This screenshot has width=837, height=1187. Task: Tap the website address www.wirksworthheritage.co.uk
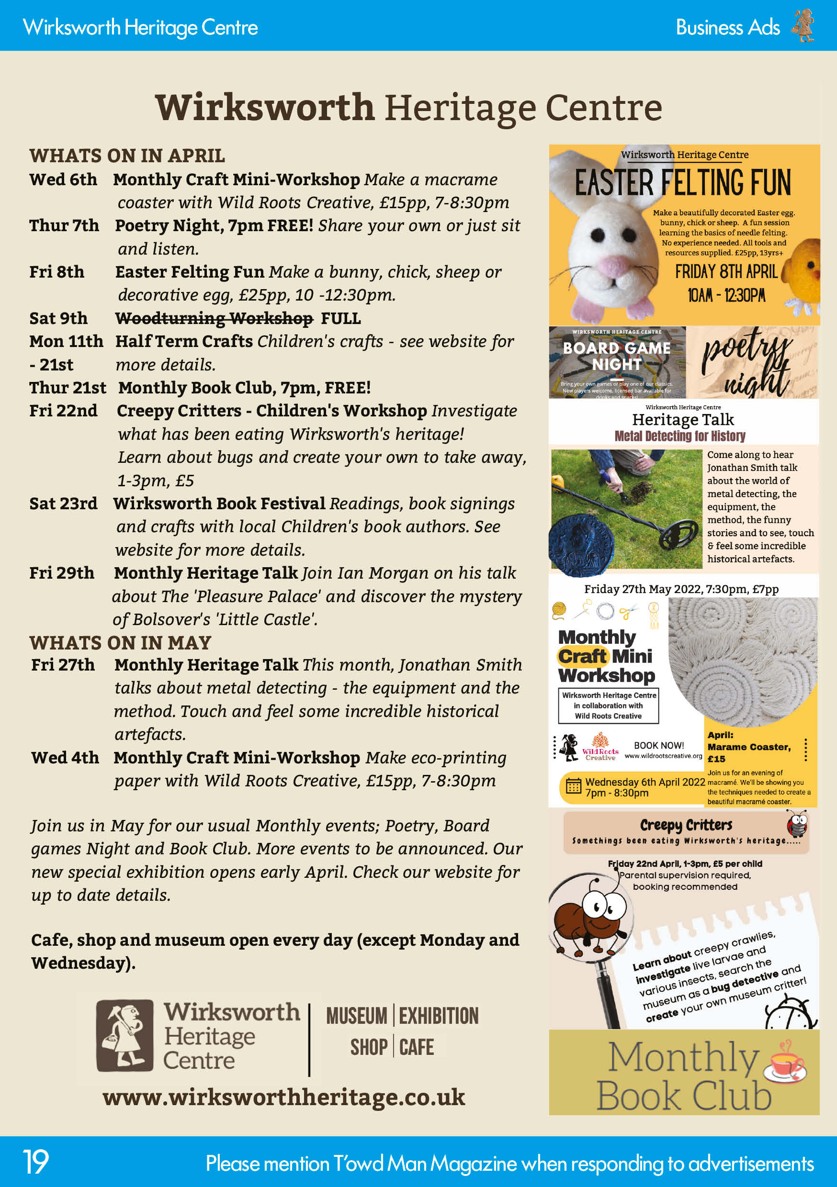(x=283, y=1097)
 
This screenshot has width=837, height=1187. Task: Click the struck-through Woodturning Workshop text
(x=214, y=318)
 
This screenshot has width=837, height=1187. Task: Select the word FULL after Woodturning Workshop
(x=341, y=318)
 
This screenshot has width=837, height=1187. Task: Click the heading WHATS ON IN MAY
(x=120, y=643)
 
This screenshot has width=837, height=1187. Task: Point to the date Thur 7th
(x=64, y=225)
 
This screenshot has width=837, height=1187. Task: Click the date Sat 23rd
(x=63, y=503)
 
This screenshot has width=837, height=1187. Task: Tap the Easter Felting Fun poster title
(x=683, y=182)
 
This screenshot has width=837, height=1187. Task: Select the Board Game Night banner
(x=617, y=362)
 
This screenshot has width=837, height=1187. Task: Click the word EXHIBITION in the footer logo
(x=439, y=1016)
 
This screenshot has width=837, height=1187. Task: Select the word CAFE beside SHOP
(x=417, y=1047)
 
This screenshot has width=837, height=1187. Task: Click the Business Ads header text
(x=727, y=27)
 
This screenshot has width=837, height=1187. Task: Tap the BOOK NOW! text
(x=658, y=745)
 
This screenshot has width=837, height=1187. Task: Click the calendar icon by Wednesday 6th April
(x=573, y=786)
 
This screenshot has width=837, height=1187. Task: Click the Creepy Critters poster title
(x=686, y=825)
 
